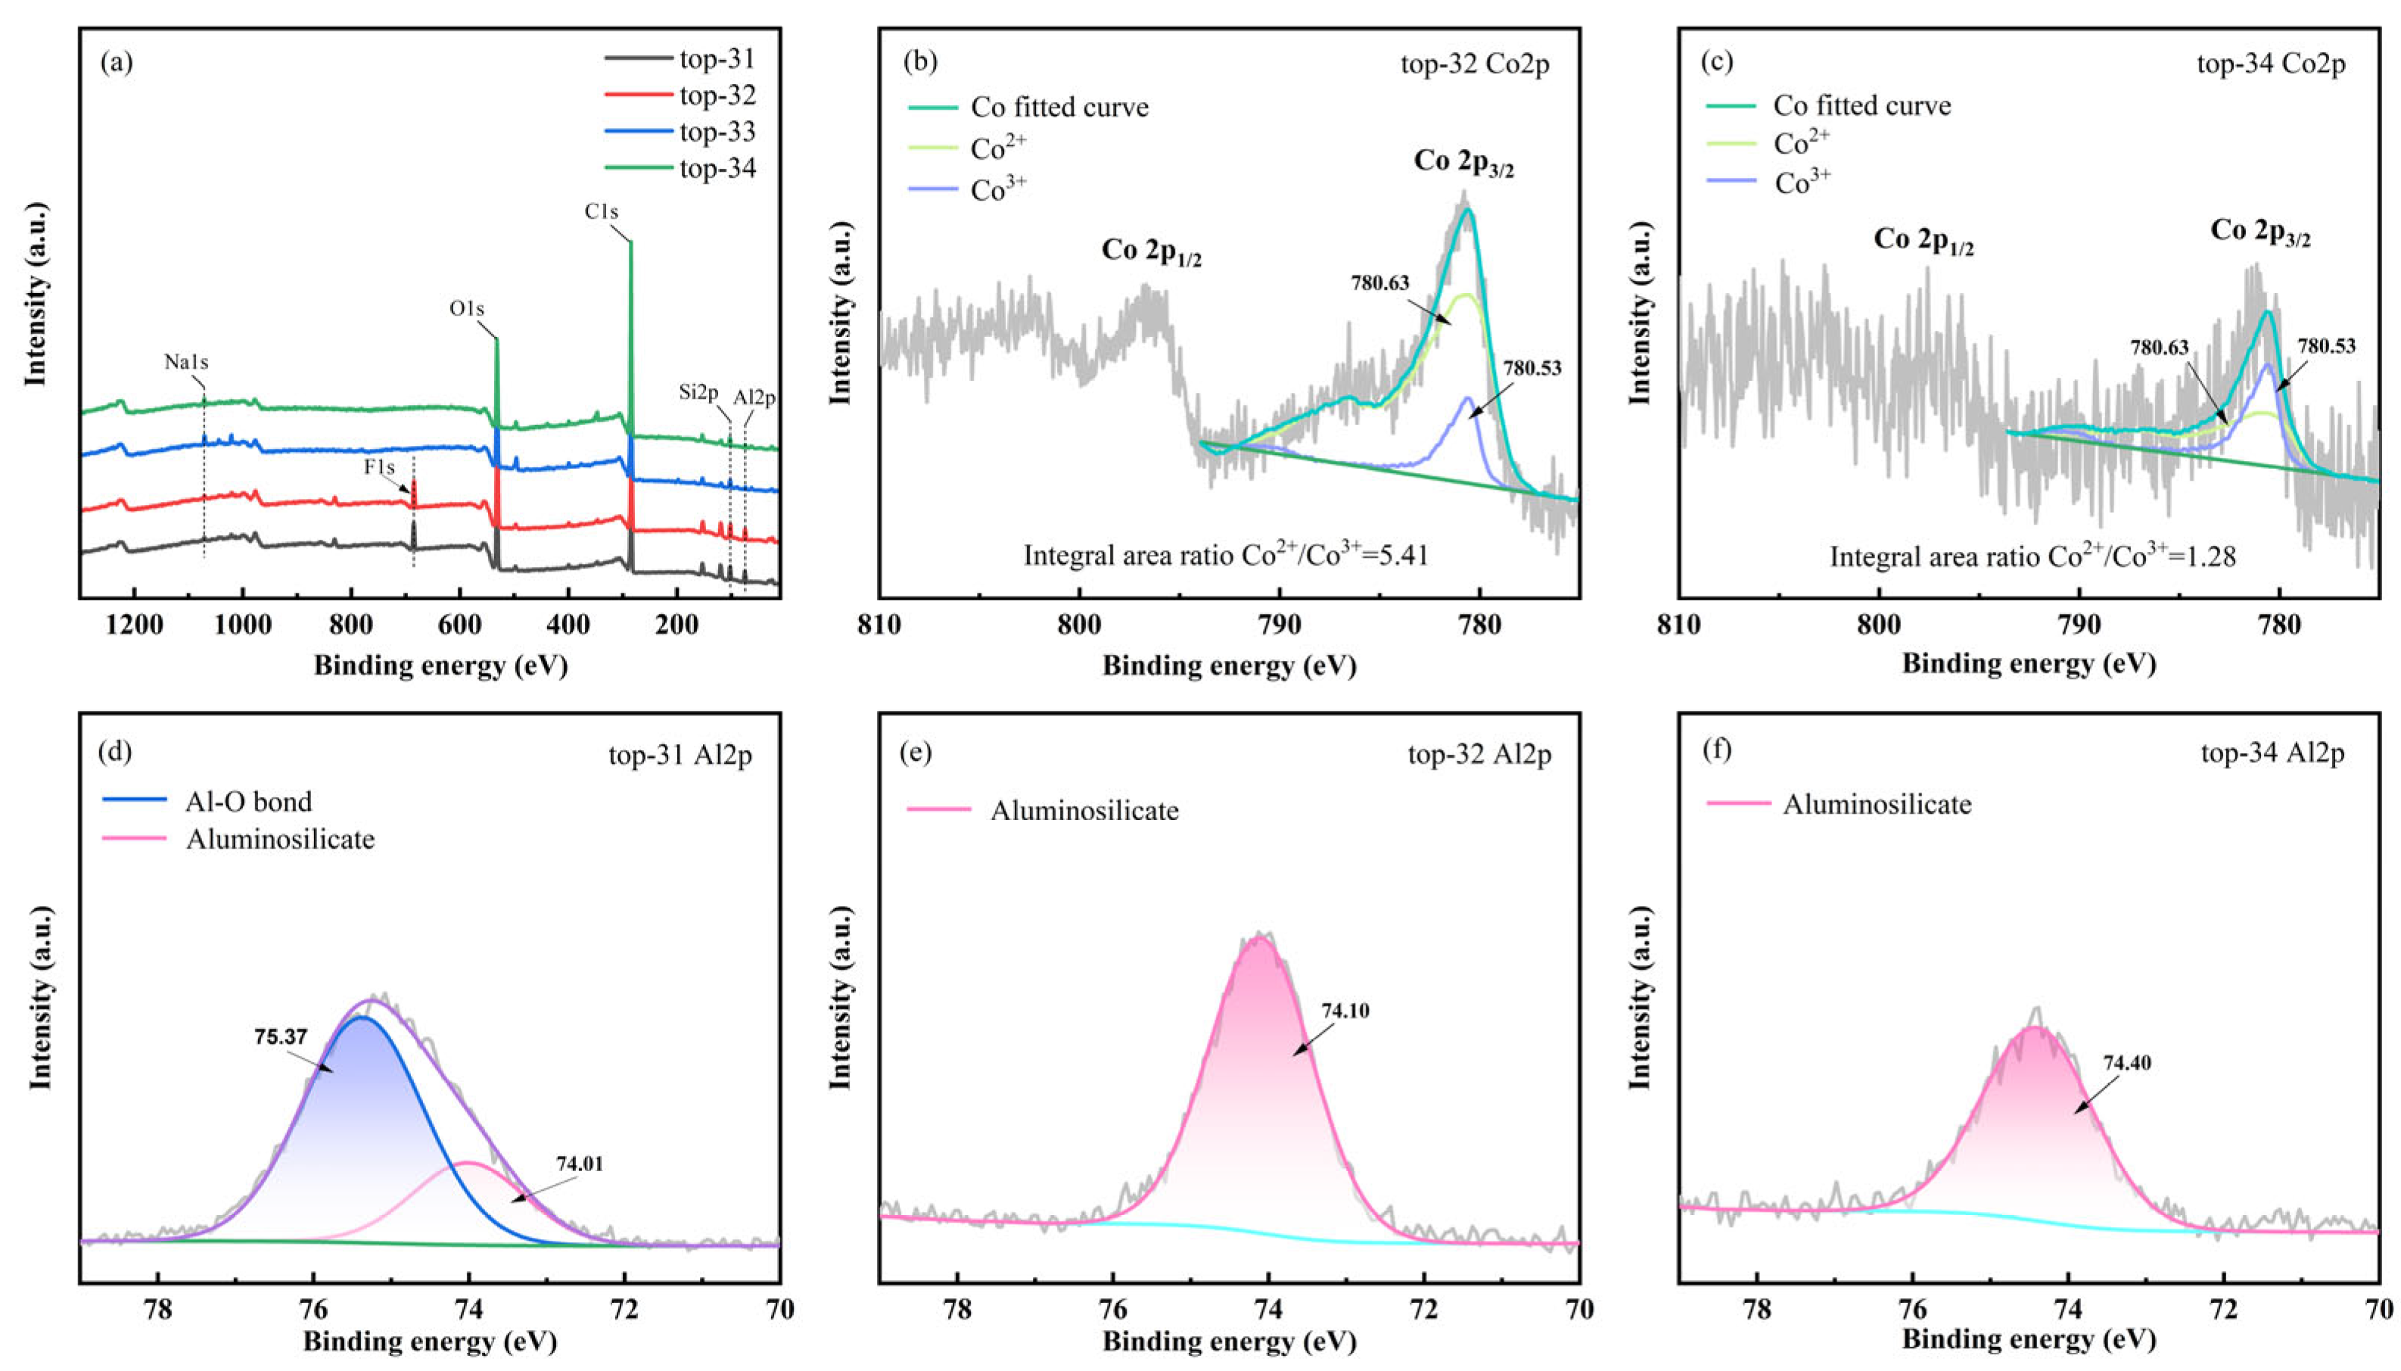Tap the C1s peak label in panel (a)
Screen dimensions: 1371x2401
point(602,212)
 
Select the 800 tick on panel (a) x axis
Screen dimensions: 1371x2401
point(351,625)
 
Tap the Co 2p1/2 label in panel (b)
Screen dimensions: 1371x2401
point(1151,251)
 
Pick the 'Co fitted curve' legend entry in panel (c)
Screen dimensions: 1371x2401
point(1861,105)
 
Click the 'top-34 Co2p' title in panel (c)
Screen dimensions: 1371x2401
point(2270,64)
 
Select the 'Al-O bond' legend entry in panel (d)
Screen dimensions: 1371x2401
point(248,801)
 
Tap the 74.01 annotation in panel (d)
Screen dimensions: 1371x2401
point(580,1163)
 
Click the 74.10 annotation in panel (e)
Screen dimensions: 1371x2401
point(1345,1011)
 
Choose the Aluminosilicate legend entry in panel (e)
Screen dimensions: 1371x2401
point(1084,810)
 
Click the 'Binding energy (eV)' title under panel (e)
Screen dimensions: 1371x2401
point(1228,1341)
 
